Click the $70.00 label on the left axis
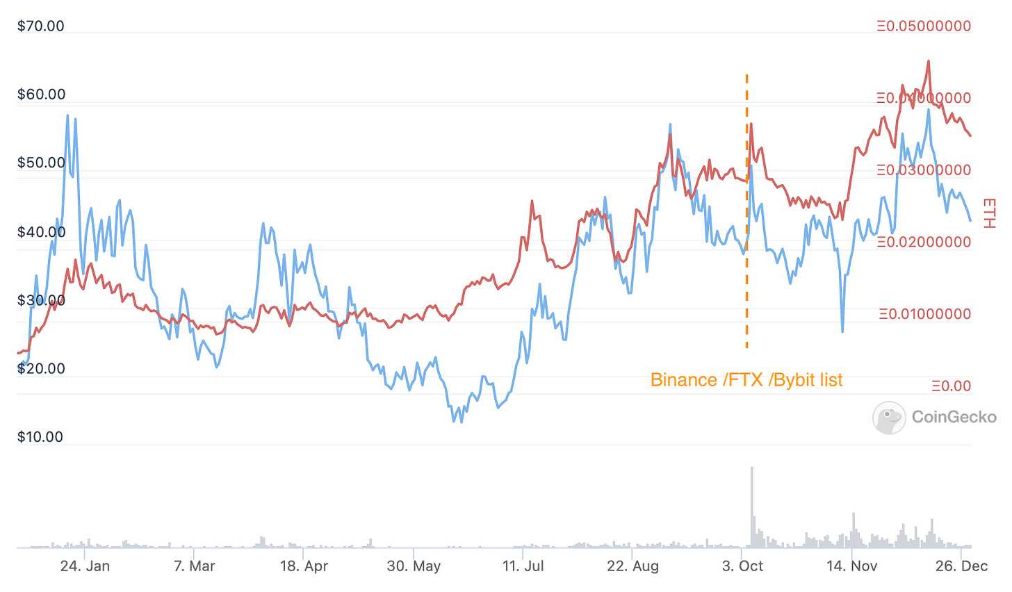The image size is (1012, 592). click(40, 26)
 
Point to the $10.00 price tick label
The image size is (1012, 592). click(40, 437)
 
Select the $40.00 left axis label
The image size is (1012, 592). click(40, 232)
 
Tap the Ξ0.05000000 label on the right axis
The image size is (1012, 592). click(924, 26)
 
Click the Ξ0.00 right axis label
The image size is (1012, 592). click(950, 386)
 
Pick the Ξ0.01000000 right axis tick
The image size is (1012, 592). click(924, 314)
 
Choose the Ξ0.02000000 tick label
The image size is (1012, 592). click(924, 242)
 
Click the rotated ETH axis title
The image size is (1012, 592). click(989, 213)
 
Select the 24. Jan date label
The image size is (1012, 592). click(85, 566)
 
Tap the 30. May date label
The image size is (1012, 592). click(414, 566)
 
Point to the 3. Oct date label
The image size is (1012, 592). click(742, 566)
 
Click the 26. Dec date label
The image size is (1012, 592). click(961, 566)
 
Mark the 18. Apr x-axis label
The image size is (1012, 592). click(304, 566)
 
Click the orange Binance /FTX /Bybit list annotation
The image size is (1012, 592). click(746, 380)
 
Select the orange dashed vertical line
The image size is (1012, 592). click(747, 208)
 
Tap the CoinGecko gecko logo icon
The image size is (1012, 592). click(889, 418)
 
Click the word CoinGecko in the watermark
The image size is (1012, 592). click(954, 417)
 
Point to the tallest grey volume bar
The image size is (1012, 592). click(751, 507)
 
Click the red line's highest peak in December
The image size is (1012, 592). click(929, 61)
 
